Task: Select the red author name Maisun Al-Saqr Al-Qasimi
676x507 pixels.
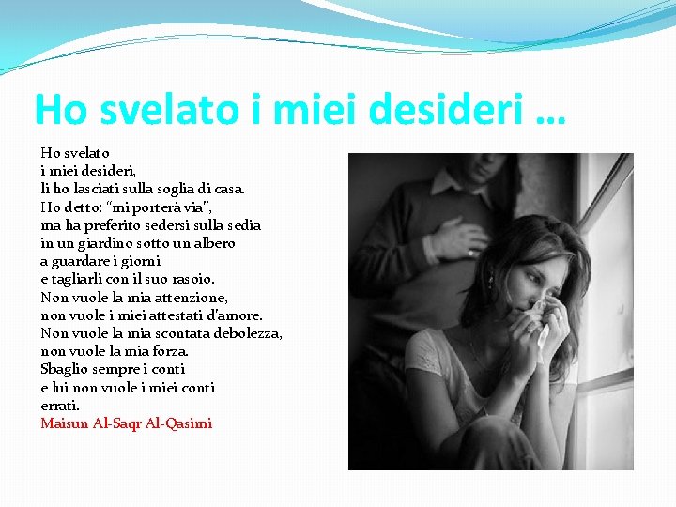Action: (x=127, y=423)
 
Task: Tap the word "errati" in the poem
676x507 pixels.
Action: (x=59, y=406)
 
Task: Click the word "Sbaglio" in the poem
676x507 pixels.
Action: (x=62, y=369)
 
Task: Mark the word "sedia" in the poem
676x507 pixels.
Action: (x=241, y=225)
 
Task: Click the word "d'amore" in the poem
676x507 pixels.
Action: (x=235, y=315)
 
